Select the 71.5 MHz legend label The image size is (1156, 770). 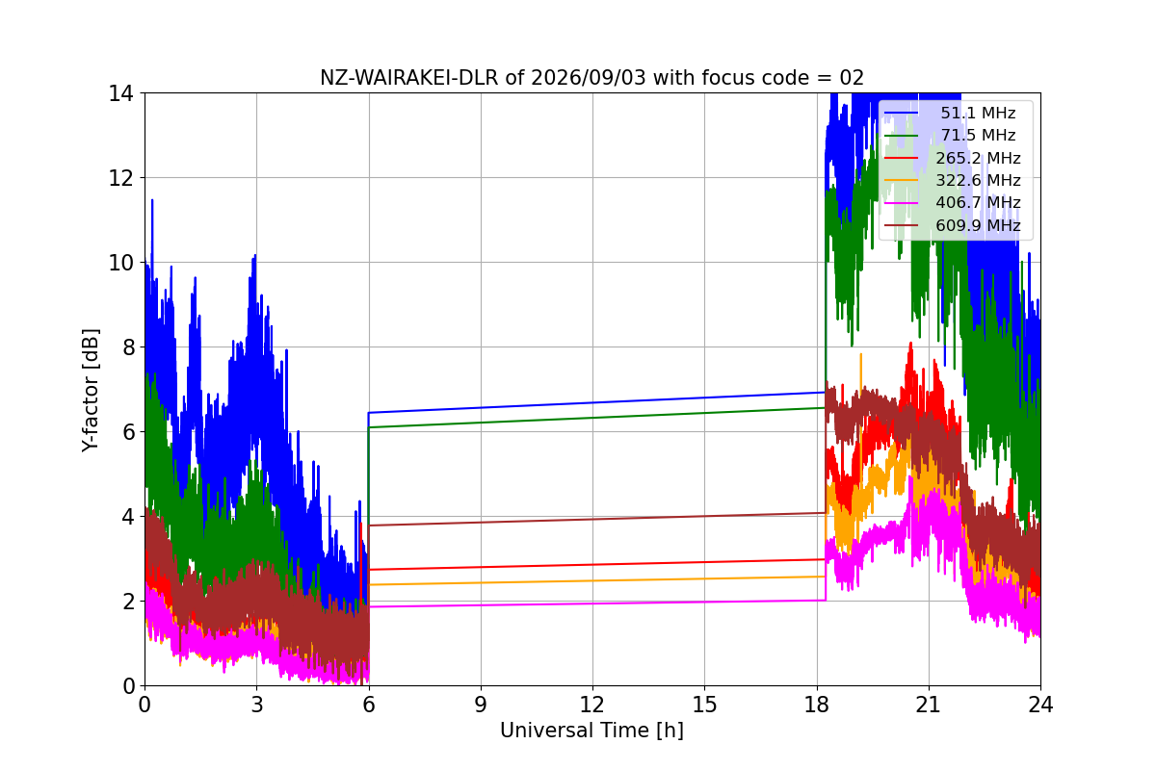[x=978, y=135]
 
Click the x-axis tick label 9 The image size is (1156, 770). [x=481, y=705]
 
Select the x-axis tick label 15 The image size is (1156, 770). [x=704, y=705]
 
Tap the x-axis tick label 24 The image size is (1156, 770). [x=1040, y=705]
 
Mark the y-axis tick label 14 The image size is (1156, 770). [x=120, y=94]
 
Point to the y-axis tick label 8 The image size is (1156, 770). [x=128, y=347]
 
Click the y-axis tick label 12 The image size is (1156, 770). [x=120, y=178]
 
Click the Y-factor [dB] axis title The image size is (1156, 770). [x=90, y=390]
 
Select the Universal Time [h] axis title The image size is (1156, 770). [x=591, y=731]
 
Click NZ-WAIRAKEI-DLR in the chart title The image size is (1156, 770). [x=409, y=78]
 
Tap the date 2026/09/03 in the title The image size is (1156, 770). [x=589, y=78]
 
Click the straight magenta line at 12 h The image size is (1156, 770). [x=592, y=603]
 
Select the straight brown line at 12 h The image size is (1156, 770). [x=592, y=519]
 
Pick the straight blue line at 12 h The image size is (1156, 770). [x=592, y=402]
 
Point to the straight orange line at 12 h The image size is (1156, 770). [x=592, y=580]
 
